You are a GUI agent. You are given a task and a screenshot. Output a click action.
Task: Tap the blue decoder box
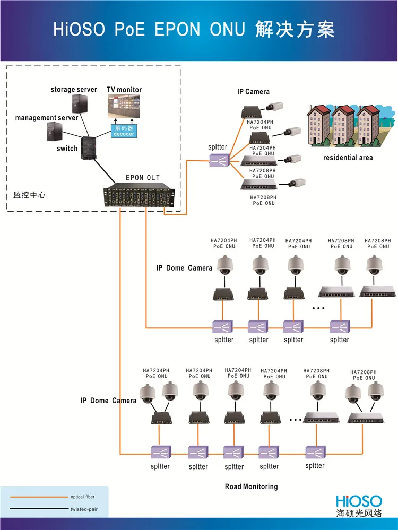click(123, 131)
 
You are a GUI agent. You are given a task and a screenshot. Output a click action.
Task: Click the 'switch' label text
click(67, 149)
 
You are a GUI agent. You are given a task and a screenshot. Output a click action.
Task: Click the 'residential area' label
click(348, 158)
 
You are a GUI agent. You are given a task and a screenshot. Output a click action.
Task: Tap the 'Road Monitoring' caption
click(251, 486)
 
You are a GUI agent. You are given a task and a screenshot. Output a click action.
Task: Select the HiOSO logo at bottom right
click(359, 500)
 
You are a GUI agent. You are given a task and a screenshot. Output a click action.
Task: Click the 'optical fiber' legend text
click(82, 497)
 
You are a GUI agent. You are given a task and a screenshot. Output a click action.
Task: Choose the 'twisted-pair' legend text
click(83, 509)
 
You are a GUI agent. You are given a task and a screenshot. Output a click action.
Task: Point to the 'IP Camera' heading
click(253, 92)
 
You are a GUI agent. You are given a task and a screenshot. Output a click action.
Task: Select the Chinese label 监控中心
click(29, 195)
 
